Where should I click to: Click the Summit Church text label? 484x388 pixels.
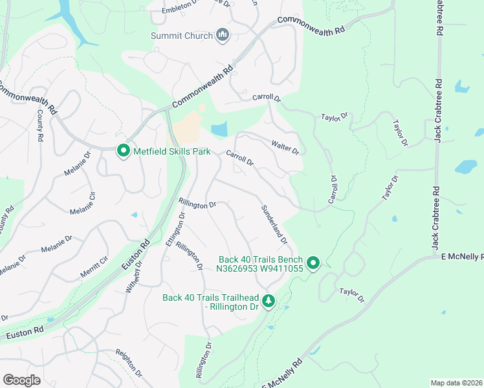point(182,36)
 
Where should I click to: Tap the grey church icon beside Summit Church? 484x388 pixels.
point(223,35)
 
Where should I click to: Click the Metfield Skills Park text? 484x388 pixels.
point(172,152)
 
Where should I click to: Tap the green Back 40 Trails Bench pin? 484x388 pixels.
point(313,263)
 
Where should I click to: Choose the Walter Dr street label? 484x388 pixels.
point(285,147)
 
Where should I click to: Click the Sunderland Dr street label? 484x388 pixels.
point(274,224)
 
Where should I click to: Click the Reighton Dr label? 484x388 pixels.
point(129,363)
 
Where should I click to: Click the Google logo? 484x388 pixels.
point(21,380)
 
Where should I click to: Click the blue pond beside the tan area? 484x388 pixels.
point(219,129)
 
